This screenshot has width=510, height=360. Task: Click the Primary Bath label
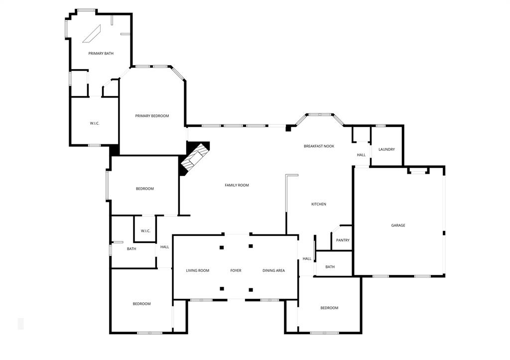click(101, 53)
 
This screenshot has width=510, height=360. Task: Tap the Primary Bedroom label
click(152, 116)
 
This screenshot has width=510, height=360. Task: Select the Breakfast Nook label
click(319, 146)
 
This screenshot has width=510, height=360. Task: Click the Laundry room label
click(386, 149)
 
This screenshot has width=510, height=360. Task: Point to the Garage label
click(398, 226)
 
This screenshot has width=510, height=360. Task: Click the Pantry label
click(343, 240)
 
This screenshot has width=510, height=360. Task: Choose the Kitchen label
click(319, 204)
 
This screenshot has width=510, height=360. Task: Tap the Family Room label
click(237, 185)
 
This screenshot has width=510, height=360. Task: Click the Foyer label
click(236, 271)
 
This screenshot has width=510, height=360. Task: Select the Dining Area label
click(274, 271)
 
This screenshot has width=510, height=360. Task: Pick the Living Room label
click(198, 271)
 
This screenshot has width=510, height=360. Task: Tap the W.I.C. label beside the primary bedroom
click(95, 123)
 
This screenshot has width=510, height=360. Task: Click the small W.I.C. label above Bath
click(145, 231)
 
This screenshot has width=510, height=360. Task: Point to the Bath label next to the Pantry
click(330, 267)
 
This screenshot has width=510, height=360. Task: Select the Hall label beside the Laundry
click(361, 155)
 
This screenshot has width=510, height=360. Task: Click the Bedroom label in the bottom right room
click(329, 308)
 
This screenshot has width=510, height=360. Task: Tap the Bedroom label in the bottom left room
click(141, 304)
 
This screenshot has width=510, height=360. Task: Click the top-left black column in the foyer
click(222, 247)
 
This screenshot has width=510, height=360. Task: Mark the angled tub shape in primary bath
click(92, 34)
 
